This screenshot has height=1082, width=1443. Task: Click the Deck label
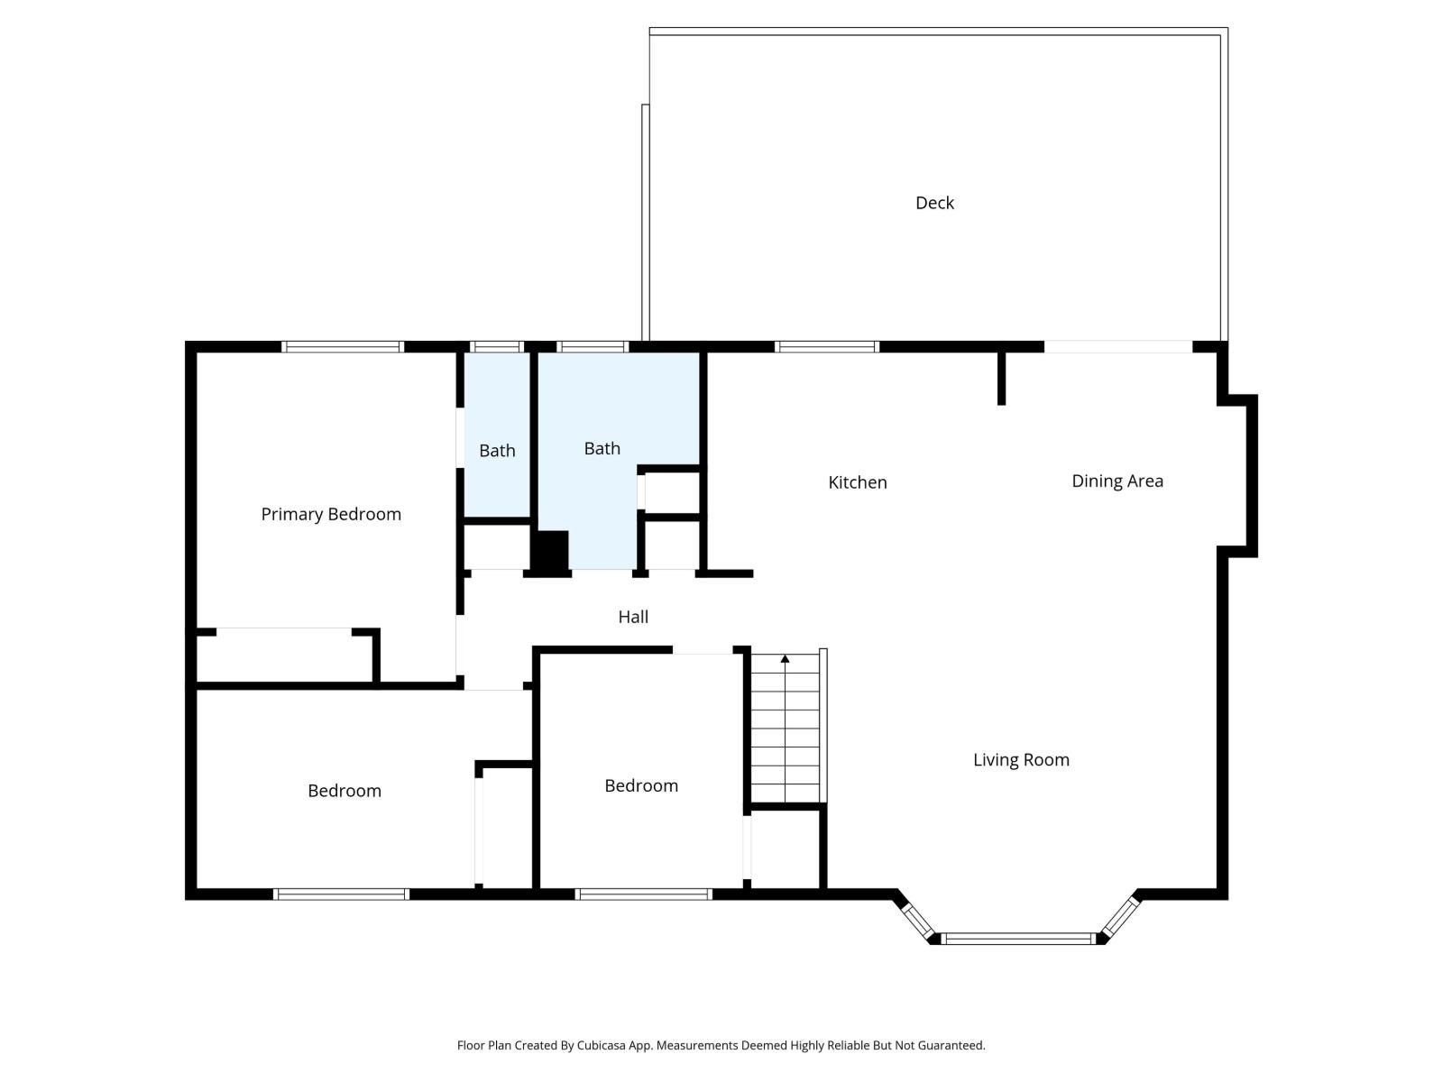tap(934, 203)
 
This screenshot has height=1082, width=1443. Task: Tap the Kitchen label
tap(857, 482)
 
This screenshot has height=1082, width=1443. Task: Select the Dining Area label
tap(1117, 481)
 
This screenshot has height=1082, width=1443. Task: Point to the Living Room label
tap(1021, 759)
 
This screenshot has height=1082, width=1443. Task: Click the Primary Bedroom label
tap(331, 514)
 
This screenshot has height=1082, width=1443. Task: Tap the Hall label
tap(632, 617)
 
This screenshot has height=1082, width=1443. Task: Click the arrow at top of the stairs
tap(785, 660)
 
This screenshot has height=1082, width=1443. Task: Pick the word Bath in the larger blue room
tap(602, 448)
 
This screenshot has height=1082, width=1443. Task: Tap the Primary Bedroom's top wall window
tap(342, 346)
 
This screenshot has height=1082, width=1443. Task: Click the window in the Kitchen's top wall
tap(826, 346)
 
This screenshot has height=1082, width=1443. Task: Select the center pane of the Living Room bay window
tap(1018, 939)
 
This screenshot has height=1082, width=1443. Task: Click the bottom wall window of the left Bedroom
tap(341, 894)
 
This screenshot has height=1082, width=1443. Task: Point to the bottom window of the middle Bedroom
tap(643, 894)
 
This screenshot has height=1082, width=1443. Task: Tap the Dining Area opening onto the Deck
tap(1118, 346)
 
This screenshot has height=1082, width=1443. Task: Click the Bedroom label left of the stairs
tap(640, 785)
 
